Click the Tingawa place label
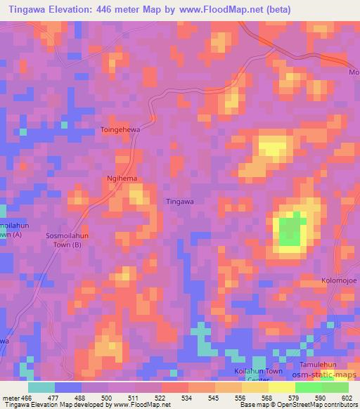(x=179, y=201)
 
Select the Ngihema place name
(x=121, y=178)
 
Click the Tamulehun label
(x=340, y=365)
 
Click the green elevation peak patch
(x=290, y=231)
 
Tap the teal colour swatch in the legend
(x=41, y=387)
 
